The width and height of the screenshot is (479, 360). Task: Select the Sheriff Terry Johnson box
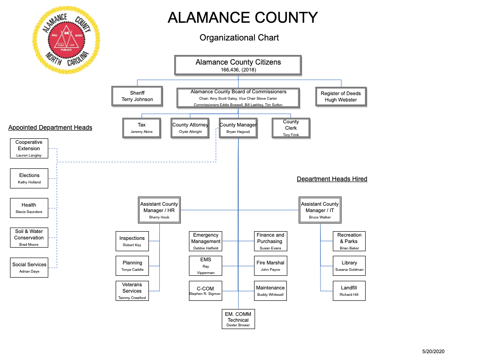tap(138, 96)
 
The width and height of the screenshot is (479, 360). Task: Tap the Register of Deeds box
tap(341, 96)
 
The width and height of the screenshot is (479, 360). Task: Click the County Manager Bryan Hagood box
tap(238, 128)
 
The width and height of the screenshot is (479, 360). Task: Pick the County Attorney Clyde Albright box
tap(190, 128)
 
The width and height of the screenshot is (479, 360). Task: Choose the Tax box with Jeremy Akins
tap(142, 128)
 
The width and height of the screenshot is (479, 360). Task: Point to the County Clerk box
tap(291, 128)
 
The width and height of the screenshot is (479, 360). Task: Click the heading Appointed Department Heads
tap(50, 127)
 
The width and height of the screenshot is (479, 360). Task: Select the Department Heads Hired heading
tap(332, 179)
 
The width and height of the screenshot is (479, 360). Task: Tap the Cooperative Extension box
tap(29, 148)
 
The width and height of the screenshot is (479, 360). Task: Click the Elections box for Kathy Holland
tap(29, 178)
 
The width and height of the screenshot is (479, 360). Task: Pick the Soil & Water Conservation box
tap(29, 238)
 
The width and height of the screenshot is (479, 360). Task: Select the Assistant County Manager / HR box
tap(159, 210)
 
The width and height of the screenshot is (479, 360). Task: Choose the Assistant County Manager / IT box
tap(320, 210)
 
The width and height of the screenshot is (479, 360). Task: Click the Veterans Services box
tap(132, 291)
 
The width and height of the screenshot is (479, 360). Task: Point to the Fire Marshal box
tap(270, 266)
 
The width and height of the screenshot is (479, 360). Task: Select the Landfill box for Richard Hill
tap(349, 291)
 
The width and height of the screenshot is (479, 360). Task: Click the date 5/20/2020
tap(433, 352)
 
